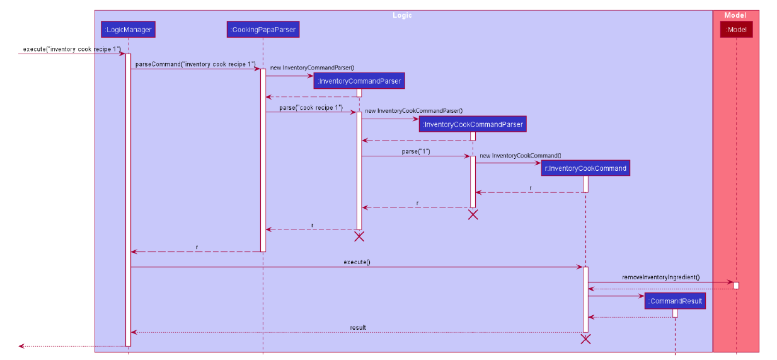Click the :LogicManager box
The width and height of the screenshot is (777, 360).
[128, 29]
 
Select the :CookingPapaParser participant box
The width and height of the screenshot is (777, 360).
[263, 29]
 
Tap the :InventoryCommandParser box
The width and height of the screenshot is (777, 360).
[359, 81]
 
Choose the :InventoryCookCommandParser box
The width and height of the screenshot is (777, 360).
[473, 124]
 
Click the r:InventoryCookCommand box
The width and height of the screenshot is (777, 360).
[585, 168]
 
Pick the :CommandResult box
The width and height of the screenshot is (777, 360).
[675, 301]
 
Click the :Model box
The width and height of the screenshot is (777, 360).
[736, 29]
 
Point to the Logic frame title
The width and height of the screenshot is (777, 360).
[402, 15]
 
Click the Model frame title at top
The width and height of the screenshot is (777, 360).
[735, 15]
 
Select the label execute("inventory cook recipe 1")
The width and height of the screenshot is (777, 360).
[71, 49]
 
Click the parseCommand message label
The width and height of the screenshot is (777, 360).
[195, 64]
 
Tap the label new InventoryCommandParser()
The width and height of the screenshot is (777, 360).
[312, 67]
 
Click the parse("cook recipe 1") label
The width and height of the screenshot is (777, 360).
[311, 108]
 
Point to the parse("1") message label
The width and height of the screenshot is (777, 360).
[416, 152]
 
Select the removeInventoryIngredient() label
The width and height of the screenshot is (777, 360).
[661, 277]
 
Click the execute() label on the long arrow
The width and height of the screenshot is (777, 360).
[357, 262]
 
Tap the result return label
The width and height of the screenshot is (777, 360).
[358, 328]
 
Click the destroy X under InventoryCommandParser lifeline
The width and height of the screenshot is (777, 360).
[359, 236]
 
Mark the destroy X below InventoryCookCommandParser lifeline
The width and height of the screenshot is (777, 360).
[473, 214]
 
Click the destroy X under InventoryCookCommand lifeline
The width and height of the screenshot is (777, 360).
[585, 339]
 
